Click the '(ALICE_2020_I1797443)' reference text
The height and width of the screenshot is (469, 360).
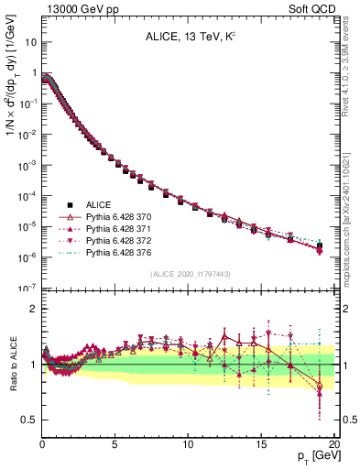click(x=189, y=273)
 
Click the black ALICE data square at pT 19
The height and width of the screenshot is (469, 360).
click(x=320, y=245)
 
